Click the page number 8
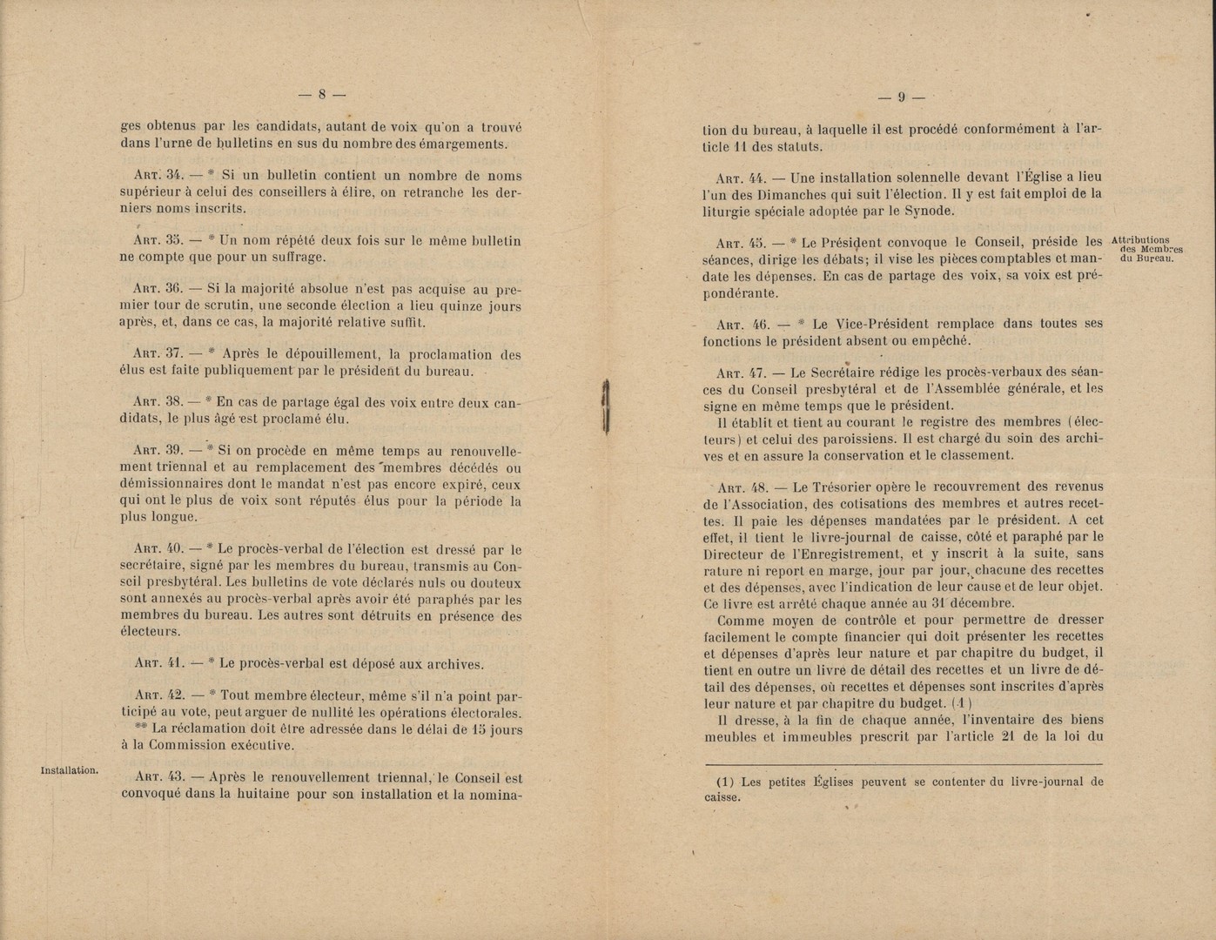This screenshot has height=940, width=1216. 321,95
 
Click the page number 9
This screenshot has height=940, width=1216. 902,97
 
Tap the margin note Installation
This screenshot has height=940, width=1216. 70,769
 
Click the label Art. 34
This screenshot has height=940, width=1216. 157,176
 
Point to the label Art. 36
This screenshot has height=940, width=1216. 156,290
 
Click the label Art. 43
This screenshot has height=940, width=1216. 157,777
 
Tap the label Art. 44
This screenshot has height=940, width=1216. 737,178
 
